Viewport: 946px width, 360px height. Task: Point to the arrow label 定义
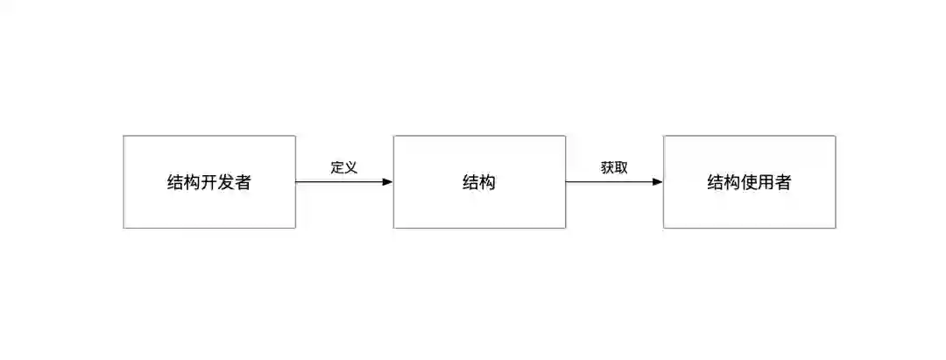pyautogui.click(x=344, y=167)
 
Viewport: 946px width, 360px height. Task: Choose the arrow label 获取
pyautogui.click(x=614, y=167)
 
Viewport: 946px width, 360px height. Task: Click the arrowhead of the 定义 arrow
pyautogui.click(x=387, y=182)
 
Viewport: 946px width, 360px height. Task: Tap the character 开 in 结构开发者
pyautogui.click(x=208, y=183)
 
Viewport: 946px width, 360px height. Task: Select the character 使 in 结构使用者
pyautogui.click(x=749, y=183)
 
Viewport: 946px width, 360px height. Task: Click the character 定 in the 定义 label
pyautogui.click(x=337, y=167)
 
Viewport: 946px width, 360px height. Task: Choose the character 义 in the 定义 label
pyautogui.click(x=351, y=167)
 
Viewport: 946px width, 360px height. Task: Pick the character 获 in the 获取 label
pyautogui.click(x=607, y=167)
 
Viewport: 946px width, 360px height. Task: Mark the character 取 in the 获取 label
pyautogui.click(x=621, y=167)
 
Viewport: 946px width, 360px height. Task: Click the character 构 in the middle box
pyautogui.click(x=488, y=183)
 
